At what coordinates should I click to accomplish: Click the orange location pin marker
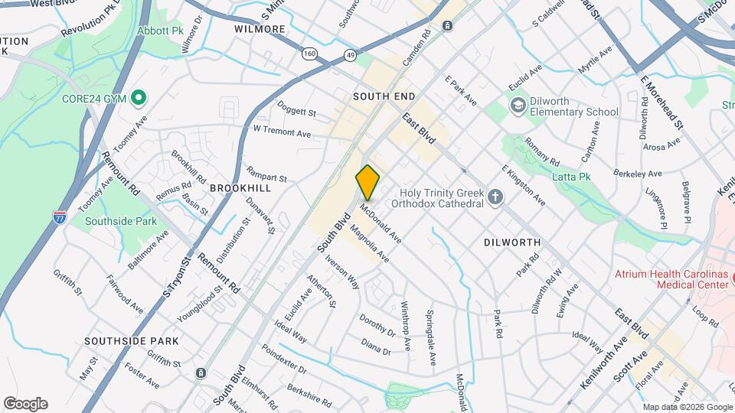(x=367, y=182)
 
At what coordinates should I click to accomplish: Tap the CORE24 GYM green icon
(x=139, y=98)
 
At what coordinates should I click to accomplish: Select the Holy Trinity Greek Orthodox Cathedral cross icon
(x=495, y=197)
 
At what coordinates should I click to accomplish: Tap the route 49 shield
(x=350, y=55)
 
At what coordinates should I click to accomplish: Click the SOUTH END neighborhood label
(x=384, y=96)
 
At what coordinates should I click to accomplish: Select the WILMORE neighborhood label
(x=260, y=29)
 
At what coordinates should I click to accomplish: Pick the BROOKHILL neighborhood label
(x=240, y=187)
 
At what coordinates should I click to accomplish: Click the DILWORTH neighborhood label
(x=512, y=242)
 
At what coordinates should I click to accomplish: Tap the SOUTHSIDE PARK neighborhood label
(x=131, y=341)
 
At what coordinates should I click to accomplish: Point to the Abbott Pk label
(x=162, y=31)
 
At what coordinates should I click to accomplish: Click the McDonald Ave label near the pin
(x=381, y=222)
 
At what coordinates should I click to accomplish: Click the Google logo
(x=25, y=403)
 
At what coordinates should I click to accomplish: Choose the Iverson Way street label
(x=342, y=271)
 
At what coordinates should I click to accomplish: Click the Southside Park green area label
(x=132, y=222)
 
